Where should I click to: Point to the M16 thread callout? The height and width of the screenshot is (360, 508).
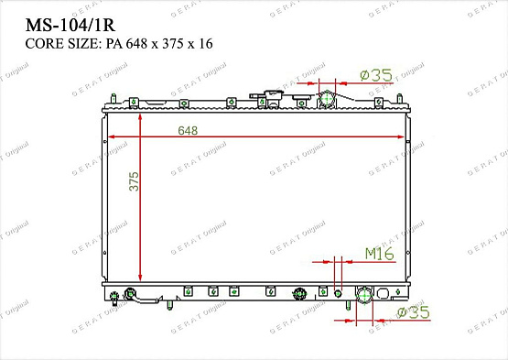point(379,253)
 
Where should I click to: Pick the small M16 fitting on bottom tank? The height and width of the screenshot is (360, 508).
point(338,293)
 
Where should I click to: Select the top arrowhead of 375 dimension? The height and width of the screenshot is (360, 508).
point(140,117)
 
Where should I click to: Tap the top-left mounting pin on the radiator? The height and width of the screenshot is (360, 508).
point(110,95)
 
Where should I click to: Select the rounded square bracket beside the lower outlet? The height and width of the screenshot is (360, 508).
point(396,294)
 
